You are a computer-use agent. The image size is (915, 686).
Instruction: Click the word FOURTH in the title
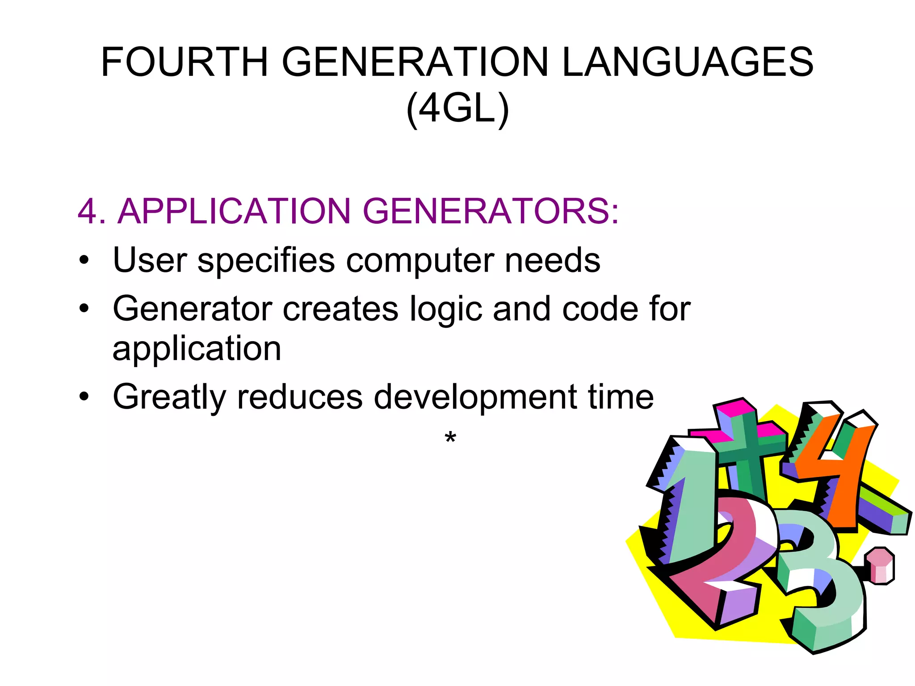184,62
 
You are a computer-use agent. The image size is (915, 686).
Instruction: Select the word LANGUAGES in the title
688,62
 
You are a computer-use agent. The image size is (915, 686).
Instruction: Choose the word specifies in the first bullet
266,261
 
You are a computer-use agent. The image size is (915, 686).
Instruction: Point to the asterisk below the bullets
450,439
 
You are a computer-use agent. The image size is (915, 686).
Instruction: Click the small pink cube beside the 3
879,566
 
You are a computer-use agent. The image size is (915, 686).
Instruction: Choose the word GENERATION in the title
415,62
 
